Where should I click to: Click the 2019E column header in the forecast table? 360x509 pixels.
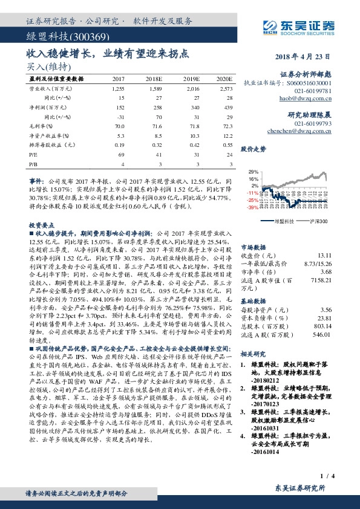click(x=191, y=79)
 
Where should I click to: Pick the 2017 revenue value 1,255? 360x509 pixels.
click(x=117, y=89)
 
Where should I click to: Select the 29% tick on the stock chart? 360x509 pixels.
click(x=252, y=172)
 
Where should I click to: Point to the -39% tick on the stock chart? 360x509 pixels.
click(x=252, y=207)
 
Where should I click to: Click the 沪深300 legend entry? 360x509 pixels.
click(x=317, y=222)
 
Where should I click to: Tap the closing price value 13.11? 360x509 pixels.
click(x=326, y=256)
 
